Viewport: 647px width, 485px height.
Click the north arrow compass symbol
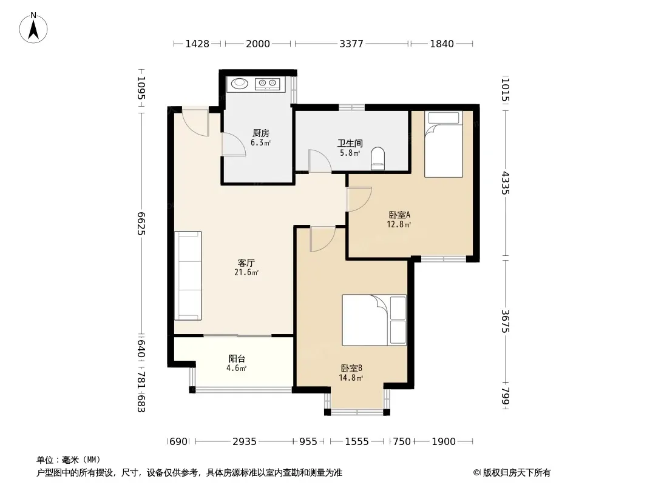tap(33, 28)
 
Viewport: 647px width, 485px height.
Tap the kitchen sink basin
tap(239, 83)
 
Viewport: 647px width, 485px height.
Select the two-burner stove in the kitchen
tap(268, 84)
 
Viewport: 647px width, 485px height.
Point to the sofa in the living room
tap(188, 276)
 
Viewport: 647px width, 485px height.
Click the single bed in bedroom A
tap(444, 144)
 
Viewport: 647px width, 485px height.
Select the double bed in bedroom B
tap(374, 320)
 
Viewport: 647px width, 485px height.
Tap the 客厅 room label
tap(246, 263)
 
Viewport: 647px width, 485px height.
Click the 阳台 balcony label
tap(237, 359)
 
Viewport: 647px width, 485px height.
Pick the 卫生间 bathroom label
tap(350, 144)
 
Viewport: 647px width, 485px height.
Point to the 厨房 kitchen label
tap(261, 133)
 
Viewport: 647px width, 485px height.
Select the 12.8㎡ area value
tap(399, 224)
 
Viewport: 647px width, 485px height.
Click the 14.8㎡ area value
tap(351, 378)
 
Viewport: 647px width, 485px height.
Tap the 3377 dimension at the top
tap(351, 44)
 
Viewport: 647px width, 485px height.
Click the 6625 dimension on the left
tap(141, 223)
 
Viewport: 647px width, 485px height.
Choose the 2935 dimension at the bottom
tap(245, 441)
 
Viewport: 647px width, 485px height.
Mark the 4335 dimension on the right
tap(506, 183)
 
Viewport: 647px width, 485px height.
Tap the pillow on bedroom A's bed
tap(444, 118)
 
